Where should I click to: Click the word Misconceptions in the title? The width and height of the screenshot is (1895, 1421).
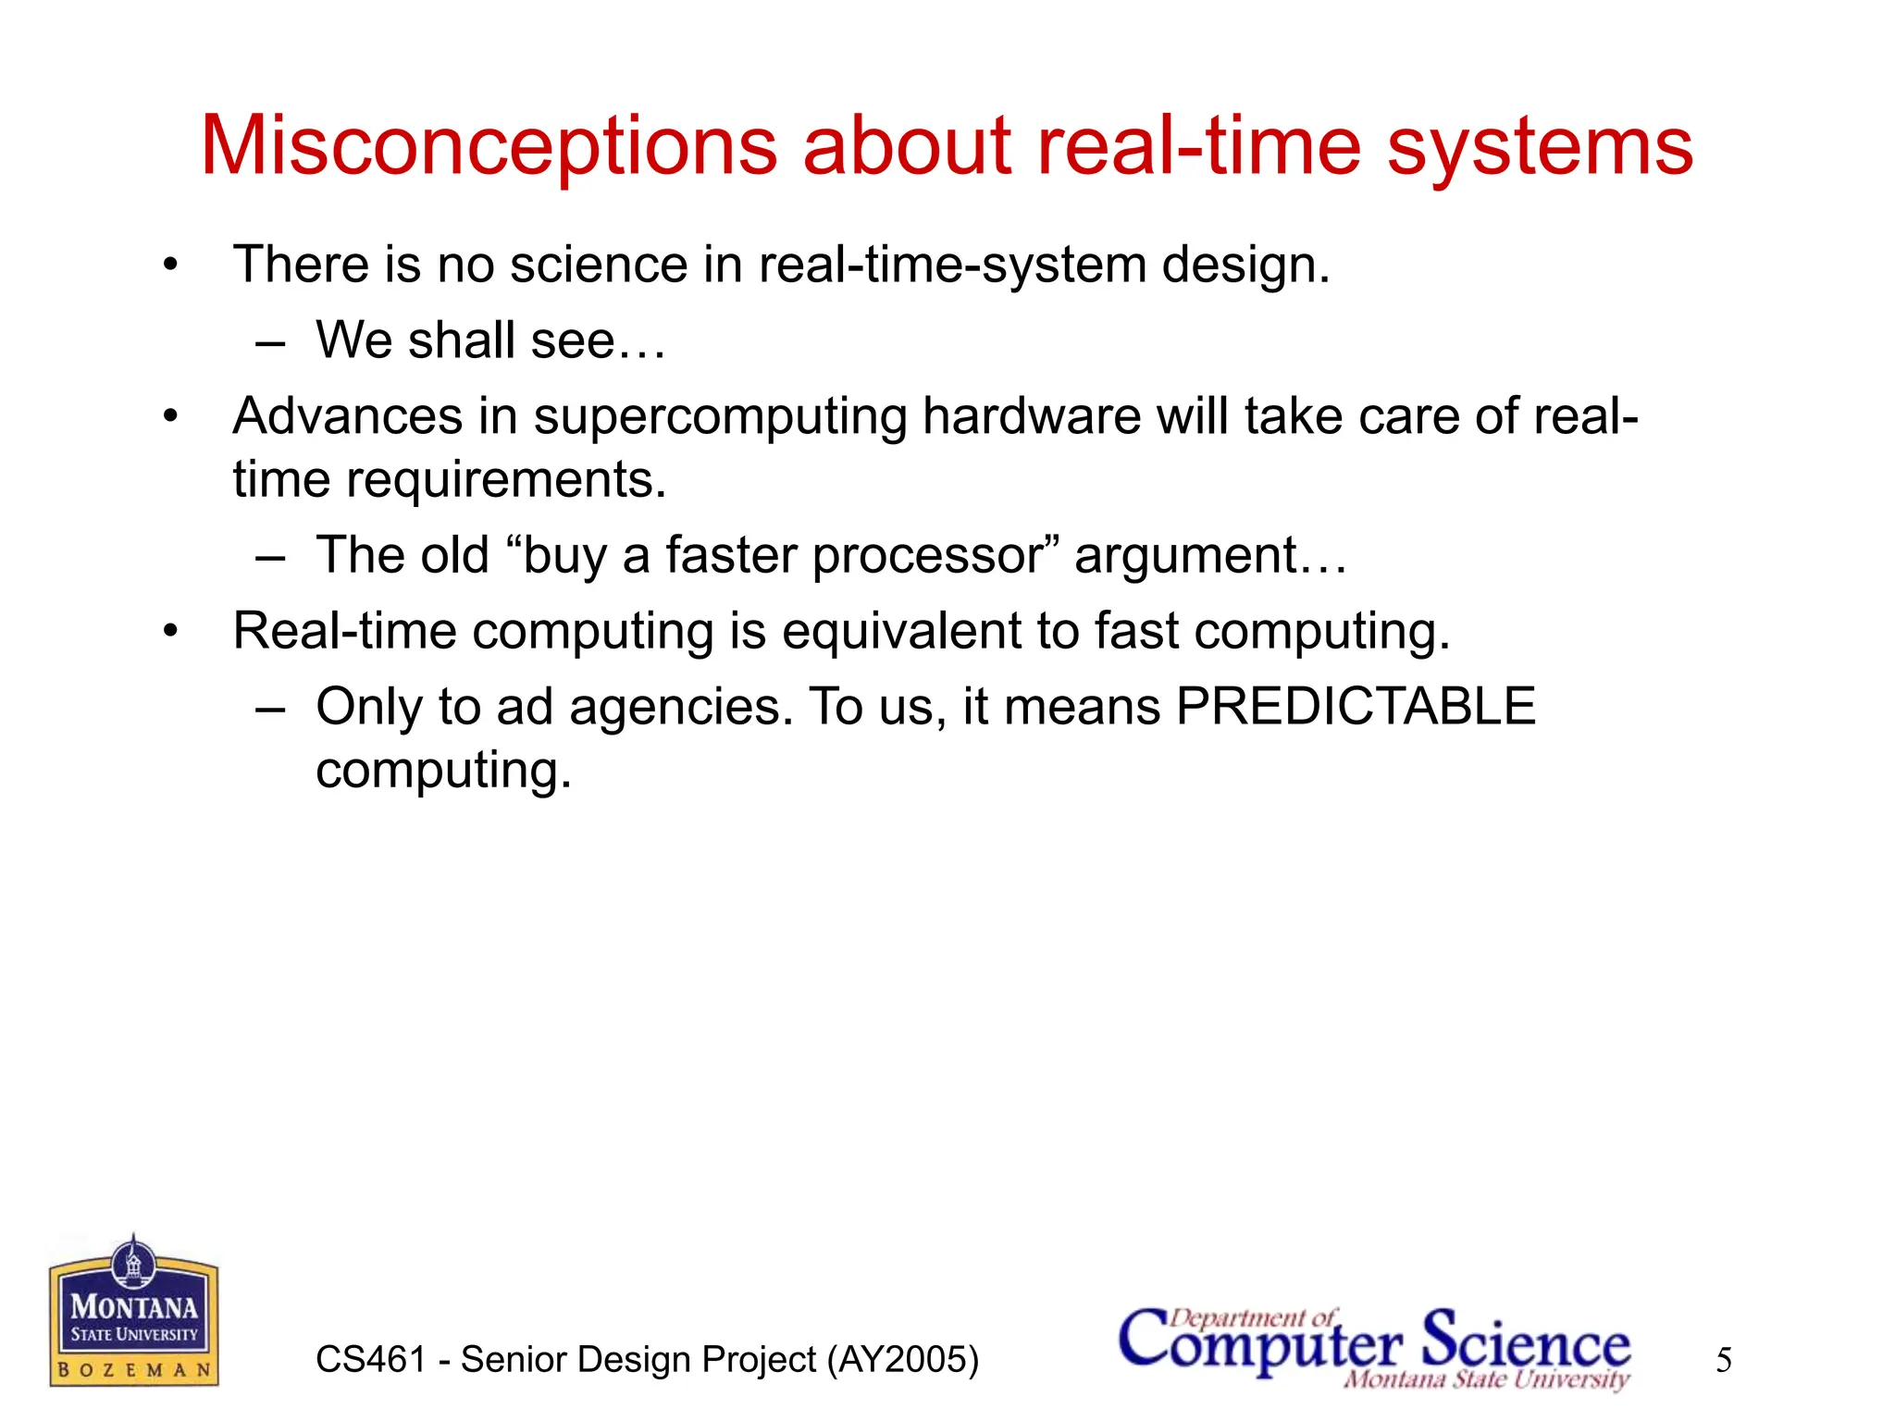click(489, 146)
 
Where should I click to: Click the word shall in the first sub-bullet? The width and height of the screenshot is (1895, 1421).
click(462, 340)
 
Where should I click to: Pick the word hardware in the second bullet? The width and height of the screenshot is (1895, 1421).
click(1031, 416)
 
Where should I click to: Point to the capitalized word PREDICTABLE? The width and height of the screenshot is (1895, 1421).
click(1356, 707)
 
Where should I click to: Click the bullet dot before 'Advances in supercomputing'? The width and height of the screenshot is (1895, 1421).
click(170, 417)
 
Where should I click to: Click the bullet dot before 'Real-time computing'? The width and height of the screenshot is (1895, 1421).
click(170, 632)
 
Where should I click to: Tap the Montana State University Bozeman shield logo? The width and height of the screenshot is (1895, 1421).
click(134, 1311)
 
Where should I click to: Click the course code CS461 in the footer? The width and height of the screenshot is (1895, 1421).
click(370, 1360)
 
